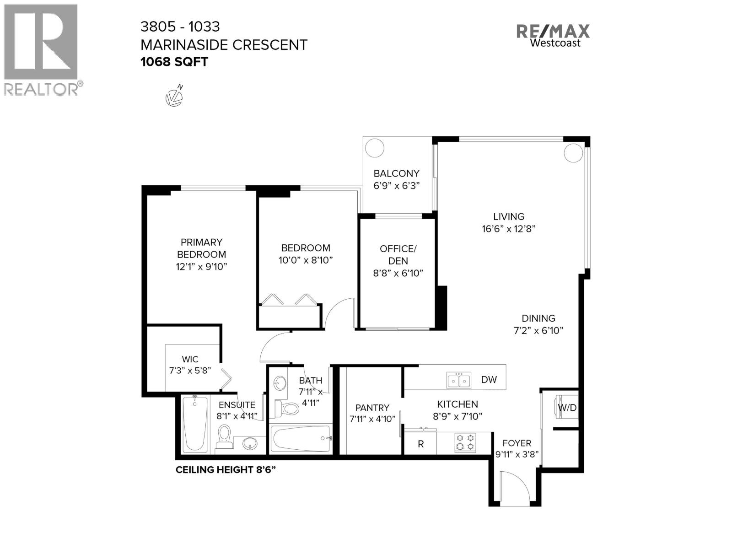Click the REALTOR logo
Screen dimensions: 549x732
tap(41, 49)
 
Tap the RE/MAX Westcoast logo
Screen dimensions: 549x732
tap(553, 35)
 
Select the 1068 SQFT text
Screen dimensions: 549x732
tap(174, 62)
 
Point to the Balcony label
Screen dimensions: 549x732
tap(396, 173)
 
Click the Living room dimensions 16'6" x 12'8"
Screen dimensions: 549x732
tap(508, 228)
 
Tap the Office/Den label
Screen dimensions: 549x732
tap(398, 255)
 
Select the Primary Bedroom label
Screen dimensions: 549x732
tap(201, 248)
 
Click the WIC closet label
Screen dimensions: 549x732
tap(190, 360)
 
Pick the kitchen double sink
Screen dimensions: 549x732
tap(458, 380)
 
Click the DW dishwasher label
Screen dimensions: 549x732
tap(489, 380)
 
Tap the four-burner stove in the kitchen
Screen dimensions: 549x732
tap(465, 442)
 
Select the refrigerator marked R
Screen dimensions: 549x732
tap(420, 444)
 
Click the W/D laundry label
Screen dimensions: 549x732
tap(567, 408)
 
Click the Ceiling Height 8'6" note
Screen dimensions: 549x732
tap(226, 470)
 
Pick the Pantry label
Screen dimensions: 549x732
tap(372, 408)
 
